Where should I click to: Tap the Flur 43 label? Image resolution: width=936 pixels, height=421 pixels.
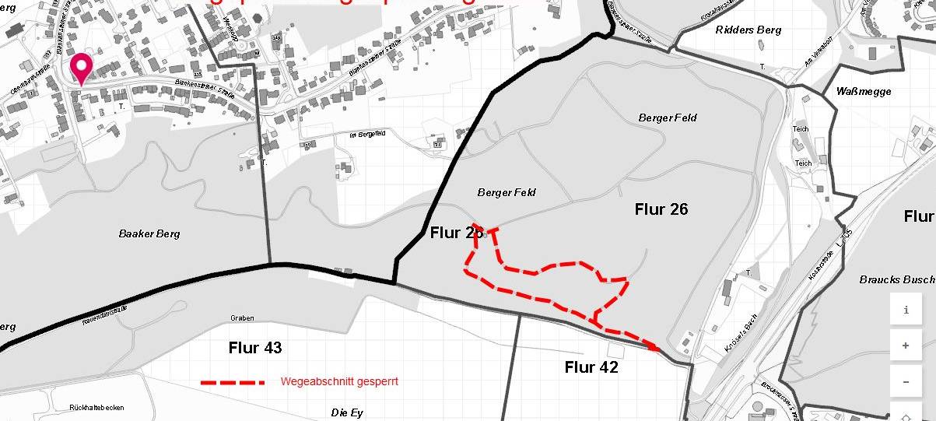point(255,347)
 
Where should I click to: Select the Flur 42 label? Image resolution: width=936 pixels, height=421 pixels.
point(591,367)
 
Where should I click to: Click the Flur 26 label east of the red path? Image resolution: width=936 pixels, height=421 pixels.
point(661,209)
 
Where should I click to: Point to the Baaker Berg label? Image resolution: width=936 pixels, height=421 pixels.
point(149,233)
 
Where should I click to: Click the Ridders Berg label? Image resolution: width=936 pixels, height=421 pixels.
point(747,30)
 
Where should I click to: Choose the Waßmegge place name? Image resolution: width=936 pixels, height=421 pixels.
point(864,91)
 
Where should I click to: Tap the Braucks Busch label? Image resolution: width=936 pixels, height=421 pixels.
point(896,279)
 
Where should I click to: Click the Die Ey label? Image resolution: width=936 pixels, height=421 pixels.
point(347,412)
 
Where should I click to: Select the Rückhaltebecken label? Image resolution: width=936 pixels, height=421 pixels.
point(96,407)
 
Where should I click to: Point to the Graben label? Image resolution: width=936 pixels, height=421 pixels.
point(243,318)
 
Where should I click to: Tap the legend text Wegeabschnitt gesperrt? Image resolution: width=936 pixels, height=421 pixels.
point(339,382)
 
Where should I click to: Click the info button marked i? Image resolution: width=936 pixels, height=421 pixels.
point(906,310)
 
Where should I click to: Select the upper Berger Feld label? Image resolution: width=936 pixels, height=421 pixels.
point(668,118)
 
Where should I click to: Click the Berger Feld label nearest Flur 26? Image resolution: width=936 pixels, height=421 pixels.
point(507,192)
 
